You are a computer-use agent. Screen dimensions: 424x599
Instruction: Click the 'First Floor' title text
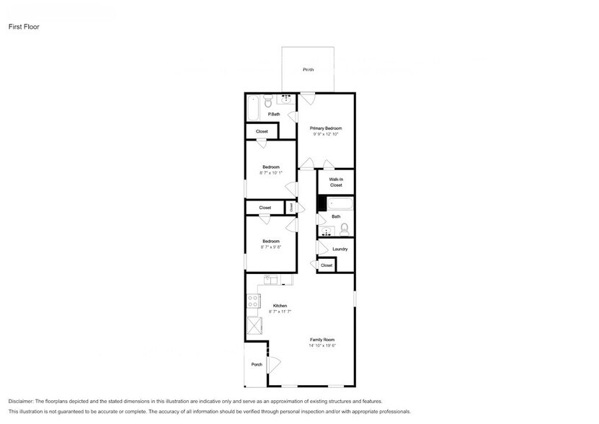(24, 27)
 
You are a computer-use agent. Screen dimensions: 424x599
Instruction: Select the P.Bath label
(274, 115)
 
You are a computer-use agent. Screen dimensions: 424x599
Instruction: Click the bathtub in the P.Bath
(252, 109)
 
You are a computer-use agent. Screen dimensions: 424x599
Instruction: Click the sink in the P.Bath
(285, 100)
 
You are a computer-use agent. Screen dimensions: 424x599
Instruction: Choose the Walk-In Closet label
(336, 182)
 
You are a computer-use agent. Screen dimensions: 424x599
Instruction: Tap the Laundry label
(340, 249)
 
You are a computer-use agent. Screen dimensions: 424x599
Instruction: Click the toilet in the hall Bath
(345, 230)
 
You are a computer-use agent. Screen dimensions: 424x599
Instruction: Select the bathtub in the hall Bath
(337, 204)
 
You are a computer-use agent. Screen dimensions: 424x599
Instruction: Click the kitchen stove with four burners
(253, 302)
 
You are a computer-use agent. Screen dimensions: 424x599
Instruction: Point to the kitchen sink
(270, 280)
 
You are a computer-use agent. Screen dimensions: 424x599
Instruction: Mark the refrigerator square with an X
(253, 325)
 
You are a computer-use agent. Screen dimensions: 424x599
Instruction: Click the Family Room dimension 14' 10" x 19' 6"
(322, 345)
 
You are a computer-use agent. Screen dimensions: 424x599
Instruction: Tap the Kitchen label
(280, 306)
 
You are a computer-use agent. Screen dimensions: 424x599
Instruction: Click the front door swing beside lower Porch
(273, 364)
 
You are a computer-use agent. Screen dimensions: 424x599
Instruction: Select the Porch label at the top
(308, 70)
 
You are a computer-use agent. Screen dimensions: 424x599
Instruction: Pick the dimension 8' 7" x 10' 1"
(271, 172)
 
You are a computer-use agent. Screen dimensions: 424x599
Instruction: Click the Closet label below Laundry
(327, 265)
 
